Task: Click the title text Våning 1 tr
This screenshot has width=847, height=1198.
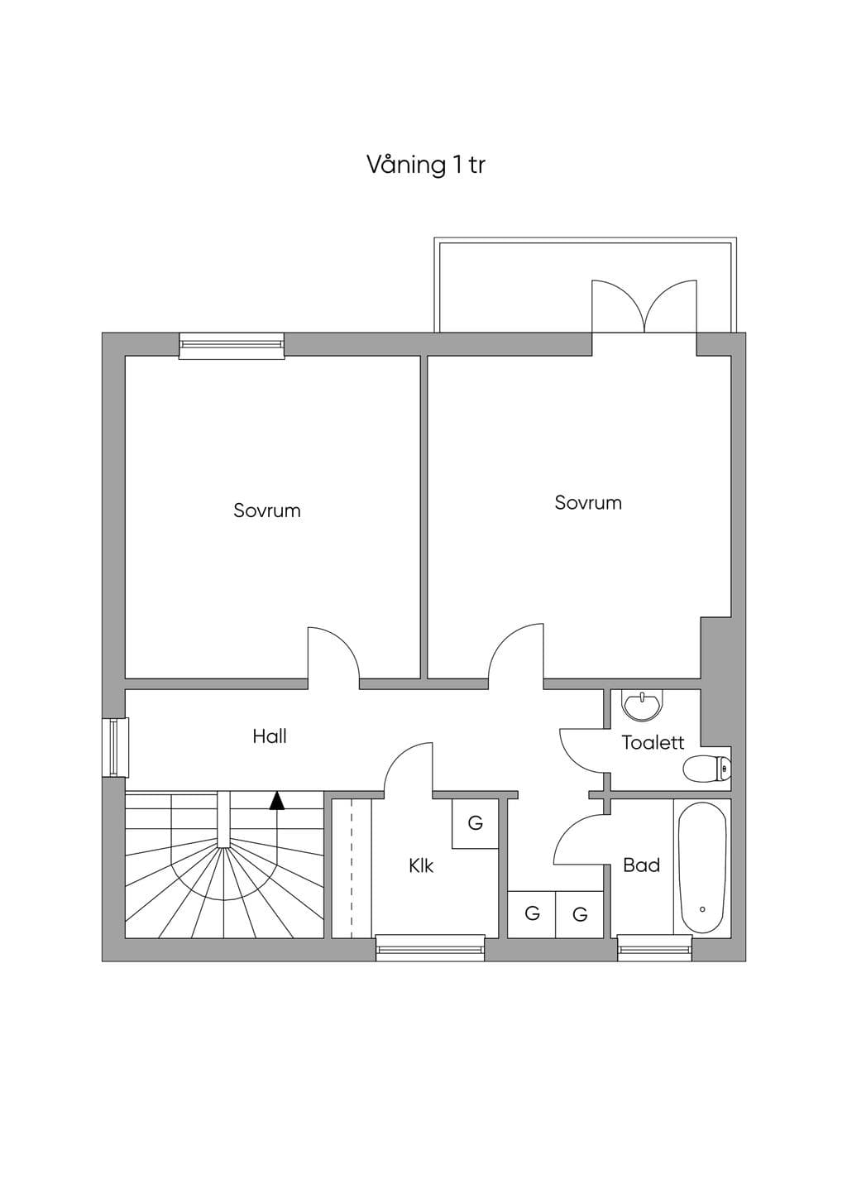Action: point(426,165)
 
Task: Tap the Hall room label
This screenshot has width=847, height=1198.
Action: point(270,736)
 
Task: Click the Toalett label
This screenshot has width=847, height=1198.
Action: point(653,743)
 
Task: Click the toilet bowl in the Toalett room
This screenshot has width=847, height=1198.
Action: point(706,769)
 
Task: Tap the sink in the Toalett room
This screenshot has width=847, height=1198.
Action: point(644,704)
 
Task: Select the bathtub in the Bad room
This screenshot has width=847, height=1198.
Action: point(702,868)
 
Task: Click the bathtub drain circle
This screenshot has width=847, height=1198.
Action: point(702,909)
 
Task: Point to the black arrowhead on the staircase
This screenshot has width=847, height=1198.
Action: point(277,800)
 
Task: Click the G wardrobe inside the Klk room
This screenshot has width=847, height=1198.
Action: point(476,823)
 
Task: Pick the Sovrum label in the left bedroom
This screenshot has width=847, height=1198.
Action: point(267,510)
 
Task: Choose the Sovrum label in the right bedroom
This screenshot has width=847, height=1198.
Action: point(588,503)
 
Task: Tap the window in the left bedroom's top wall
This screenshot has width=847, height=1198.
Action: point(231,346)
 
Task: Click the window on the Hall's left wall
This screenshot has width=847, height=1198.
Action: point(116,748)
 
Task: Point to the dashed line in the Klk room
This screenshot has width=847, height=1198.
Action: point(352,869)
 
